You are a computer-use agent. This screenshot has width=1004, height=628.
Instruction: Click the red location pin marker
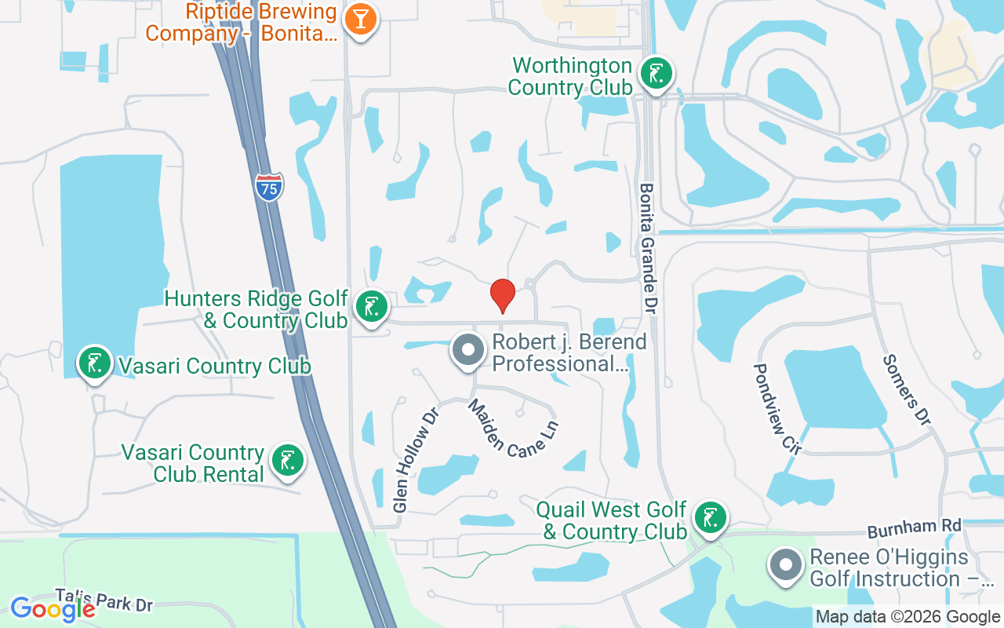502,295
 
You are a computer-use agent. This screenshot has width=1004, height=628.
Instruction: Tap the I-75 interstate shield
269,187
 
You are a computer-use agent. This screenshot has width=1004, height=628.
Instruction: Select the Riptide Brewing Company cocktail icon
362,19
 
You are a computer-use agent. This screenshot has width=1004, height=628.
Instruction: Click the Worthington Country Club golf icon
656,74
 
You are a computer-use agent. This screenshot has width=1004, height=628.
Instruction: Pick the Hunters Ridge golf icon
371,307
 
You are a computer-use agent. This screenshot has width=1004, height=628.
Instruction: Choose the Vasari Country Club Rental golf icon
286,461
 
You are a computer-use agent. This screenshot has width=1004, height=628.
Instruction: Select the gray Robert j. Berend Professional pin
468,352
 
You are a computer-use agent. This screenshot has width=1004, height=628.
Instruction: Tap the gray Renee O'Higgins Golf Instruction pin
786,566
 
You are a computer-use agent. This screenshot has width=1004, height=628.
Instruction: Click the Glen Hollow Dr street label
413,458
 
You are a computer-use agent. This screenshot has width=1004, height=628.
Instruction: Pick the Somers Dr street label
907,389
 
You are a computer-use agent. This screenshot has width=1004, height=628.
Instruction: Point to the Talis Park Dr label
104,599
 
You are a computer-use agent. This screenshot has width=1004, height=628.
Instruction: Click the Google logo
53,608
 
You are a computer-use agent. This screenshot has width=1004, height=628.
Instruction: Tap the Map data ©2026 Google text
908,617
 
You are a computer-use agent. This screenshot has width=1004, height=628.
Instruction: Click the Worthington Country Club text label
570,76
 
